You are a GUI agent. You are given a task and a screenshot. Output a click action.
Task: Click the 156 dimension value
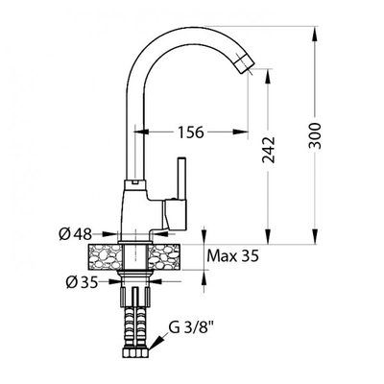pos(191,132)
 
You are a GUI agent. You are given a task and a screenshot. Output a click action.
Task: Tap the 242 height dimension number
pos(269,150)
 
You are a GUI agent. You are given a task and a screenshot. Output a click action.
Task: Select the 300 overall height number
pos(315,135)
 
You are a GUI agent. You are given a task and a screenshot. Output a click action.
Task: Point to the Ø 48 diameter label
pos(75,234)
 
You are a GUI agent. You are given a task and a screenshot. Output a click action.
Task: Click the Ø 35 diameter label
pos(82,282)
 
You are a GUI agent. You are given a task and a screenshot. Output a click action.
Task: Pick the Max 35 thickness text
pos(232,256)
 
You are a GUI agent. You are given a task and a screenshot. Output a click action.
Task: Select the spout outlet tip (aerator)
pos(245,63)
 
